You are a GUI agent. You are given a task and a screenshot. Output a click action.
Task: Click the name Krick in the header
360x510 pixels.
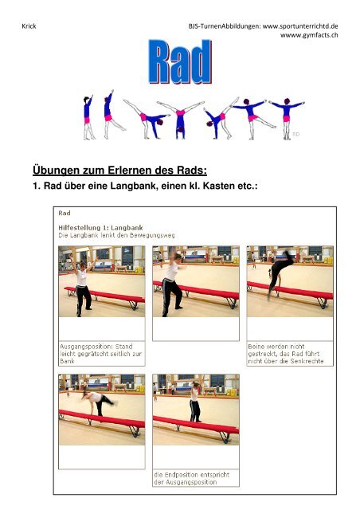pyautogui.click(x=29, y=26)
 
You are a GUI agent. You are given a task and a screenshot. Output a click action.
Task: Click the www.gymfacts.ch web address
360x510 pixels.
pyautogui.click(x=309, y=35)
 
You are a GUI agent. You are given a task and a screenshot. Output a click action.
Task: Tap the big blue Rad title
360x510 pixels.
pyautogui.click(x=180, y=62)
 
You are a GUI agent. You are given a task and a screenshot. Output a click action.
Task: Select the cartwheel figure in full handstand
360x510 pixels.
pyautogui.click(x=181, y=120)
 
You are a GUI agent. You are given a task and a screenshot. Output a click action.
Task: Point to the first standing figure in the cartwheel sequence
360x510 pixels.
pyautogui.click(x=88, y=117)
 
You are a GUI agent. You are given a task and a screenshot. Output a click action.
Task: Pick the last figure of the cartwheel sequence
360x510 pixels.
pyautogui.click(x=286, y=119)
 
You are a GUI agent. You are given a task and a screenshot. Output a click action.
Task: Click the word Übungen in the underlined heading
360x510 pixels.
pyautogui.click(x=57, y=170)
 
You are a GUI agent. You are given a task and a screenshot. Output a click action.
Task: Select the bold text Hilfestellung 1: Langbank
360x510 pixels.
pyautogui.click(x=100, y=228)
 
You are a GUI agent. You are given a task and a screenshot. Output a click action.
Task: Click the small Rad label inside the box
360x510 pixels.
pyautogui.click(x=64, y=213)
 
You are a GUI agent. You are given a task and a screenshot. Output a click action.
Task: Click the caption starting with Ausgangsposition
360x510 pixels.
pyautogui.click(x=101, y=354)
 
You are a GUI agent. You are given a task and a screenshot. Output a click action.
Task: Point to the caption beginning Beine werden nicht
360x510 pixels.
pyautogui.click(x=285, y=354)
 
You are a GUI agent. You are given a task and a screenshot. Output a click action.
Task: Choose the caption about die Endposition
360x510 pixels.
pyautogui.click(x=191, y=478)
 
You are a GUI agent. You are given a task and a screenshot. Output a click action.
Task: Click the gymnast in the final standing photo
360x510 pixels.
pyautogui.click(x=195, y=402)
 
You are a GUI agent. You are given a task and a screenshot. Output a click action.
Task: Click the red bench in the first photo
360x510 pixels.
pyautogui.click(x=104, y=296)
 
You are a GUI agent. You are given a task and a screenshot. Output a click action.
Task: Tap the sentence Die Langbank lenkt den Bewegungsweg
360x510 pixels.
pyautogui.click(x=116, y=235)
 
